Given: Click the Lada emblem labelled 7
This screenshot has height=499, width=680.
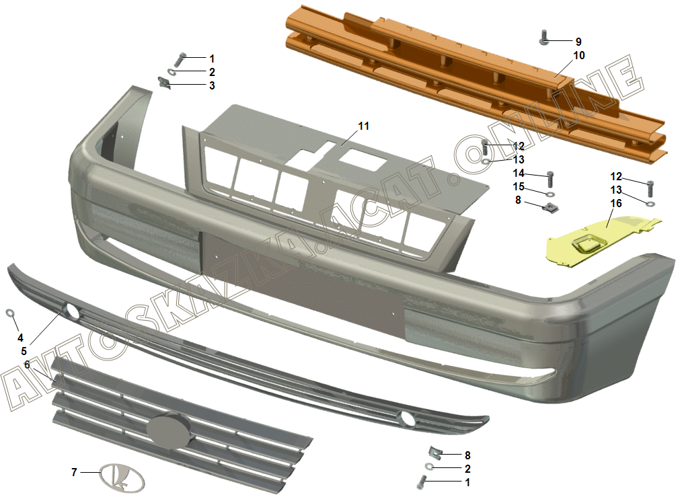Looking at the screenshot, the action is pos(122,477).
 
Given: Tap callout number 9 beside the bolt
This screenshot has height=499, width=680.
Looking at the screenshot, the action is pos(578,42).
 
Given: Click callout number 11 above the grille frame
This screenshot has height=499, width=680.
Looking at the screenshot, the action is pos(363,126).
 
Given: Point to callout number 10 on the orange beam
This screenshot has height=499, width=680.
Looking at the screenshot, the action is pos(579,56).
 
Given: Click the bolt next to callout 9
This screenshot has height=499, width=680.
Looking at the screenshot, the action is pos(544,38).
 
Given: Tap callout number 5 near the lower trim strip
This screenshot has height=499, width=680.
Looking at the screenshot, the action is pos(24,351).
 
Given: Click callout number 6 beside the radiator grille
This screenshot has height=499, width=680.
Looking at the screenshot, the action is pos(27,364).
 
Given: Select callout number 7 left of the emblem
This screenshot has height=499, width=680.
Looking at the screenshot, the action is pos(74,471).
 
